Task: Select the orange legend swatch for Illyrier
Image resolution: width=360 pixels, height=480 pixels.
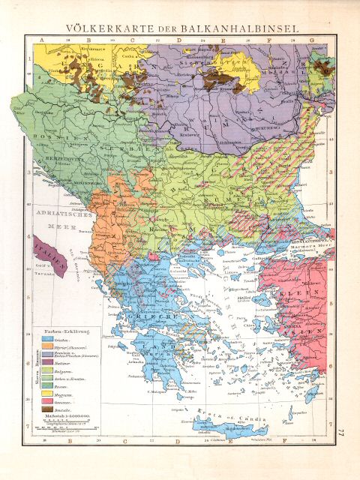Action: (x=43, y=351)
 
